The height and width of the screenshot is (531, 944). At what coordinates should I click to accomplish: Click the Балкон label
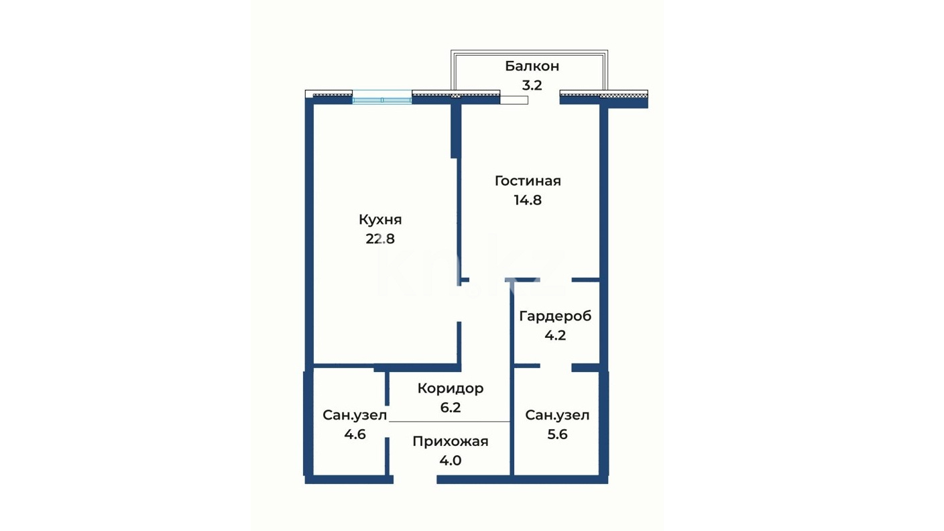[x=532, y=66]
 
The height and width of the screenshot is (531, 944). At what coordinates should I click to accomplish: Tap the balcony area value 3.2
[x=532, y=86]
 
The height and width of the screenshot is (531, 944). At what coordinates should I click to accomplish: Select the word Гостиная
[x=528, y=181]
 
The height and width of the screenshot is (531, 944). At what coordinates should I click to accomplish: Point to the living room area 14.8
[x=528, y=200]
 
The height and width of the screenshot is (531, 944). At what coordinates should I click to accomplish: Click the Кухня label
[x=380, y=219]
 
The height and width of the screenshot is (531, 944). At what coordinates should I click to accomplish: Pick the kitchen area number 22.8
[x=380, y=239]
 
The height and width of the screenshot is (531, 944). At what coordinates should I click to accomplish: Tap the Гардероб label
[x=555, y=316]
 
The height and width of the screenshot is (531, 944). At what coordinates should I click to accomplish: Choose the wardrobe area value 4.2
[x=555, y=335]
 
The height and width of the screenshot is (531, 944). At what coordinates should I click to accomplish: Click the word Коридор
[x=450, y=389]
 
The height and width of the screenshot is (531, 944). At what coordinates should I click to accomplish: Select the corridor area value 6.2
[x=450, y=408]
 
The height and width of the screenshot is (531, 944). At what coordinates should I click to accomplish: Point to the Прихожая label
[x=450, y=441]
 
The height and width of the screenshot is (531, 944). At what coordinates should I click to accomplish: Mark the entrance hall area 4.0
[x=450, y=461]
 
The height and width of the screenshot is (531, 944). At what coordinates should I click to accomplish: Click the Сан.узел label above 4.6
[x=355, y=415]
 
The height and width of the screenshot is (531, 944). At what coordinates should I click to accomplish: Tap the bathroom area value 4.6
[x=355, y=434]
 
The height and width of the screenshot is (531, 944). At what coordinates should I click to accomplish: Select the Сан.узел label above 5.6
[x=557, y=415]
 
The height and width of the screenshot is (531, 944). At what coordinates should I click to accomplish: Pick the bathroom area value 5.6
[x=557, y=434]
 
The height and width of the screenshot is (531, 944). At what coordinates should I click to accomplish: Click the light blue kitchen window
[x=381, y=97]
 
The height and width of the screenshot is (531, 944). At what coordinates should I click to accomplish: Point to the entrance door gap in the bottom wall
[x=415, y=479]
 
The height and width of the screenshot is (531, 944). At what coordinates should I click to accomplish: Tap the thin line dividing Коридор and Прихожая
[x=449, y=422]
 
